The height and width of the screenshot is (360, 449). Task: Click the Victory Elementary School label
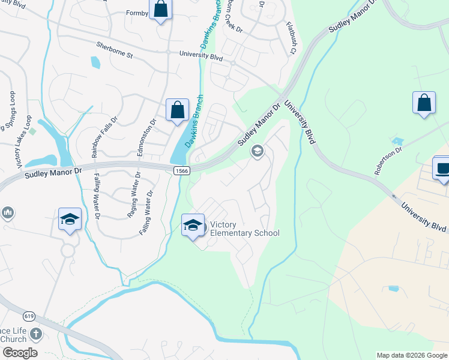point(244,229)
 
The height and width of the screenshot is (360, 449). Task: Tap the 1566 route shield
point(183,171)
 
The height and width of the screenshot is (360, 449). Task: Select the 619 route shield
point(29,316)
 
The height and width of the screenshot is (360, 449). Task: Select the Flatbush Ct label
point(292,37)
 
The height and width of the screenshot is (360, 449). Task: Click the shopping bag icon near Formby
point(160,9)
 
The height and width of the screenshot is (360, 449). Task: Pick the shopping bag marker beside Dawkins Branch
point(177,111)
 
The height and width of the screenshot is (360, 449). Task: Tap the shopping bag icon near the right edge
point(424,102)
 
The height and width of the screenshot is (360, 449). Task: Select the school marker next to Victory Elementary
point(193,226)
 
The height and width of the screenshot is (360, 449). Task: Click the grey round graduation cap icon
point(258,151)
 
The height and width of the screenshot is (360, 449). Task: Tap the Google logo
point(19,353)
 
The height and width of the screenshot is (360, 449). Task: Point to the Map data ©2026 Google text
point(411,355)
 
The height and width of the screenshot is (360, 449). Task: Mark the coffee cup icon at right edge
point(443,168)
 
